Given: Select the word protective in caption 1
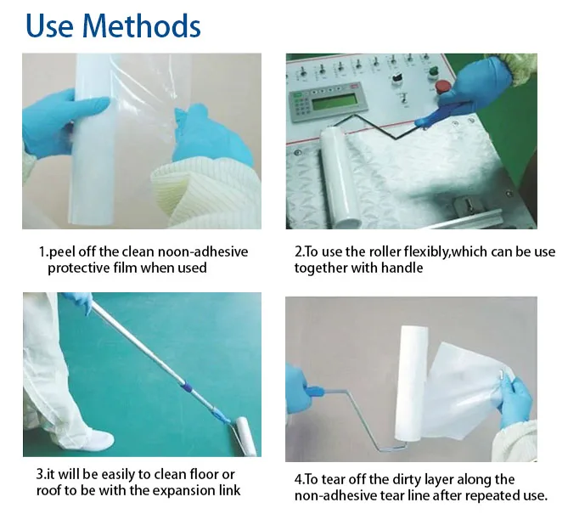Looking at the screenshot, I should [x=76, y=268].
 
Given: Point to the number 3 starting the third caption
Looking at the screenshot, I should [x=39, y=474].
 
